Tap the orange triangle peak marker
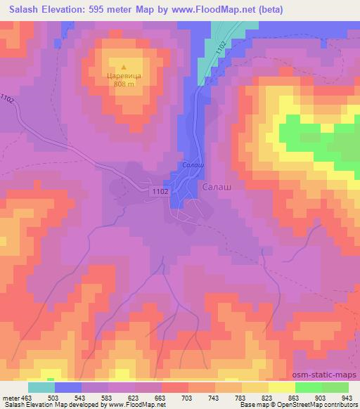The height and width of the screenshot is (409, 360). click(124, 65)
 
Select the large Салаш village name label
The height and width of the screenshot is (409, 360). click(217, 188)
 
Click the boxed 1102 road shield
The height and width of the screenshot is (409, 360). click(159, 190)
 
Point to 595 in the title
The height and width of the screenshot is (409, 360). click(101, 11)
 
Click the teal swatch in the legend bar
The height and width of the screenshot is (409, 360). click(41, 387)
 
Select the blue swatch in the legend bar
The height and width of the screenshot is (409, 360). click(68, 387)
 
